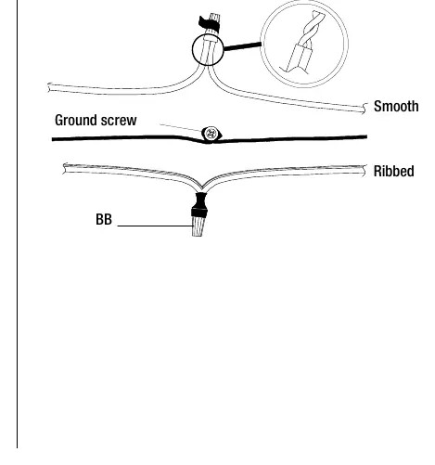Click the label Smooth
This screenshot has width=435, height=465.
click(396, 107)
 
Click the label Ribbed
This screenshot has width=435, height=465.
click(393, 171)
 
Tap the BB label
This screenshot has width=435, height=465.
click(104, 219)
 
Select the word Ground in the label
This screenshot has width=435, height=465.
click(76, 120)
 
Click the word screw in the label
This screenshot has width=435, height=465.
click(119, 121)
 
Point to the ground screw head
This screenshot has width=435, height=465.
click(211, 134)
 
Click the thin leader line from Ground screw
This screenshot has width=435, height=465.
click(181, 128)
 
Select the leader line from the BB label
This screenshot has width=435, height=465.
click(155, 226)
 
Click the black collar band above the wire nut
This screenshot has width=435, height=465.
click(199, 213)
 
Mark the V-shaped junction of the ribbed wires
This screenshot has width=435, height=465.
click(201, 187)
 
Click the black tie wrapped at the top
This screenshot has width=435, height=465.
click(209, 24)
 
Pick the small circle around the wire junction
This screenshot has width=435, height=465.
click(192, 49)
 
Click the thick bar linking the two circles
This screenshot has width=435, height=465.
click(242, 46)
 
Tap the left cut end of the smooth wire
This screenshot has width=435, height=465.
click(49, 87)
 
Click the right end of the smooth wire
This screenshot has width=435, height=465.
click(365, 109)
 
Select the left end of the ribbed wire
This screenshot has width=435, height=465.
click(64, 169)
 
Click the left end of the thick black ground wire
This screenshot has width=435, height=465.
click(52, 139)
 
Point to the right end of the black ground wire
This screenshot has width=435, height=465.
click(366, 136)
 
